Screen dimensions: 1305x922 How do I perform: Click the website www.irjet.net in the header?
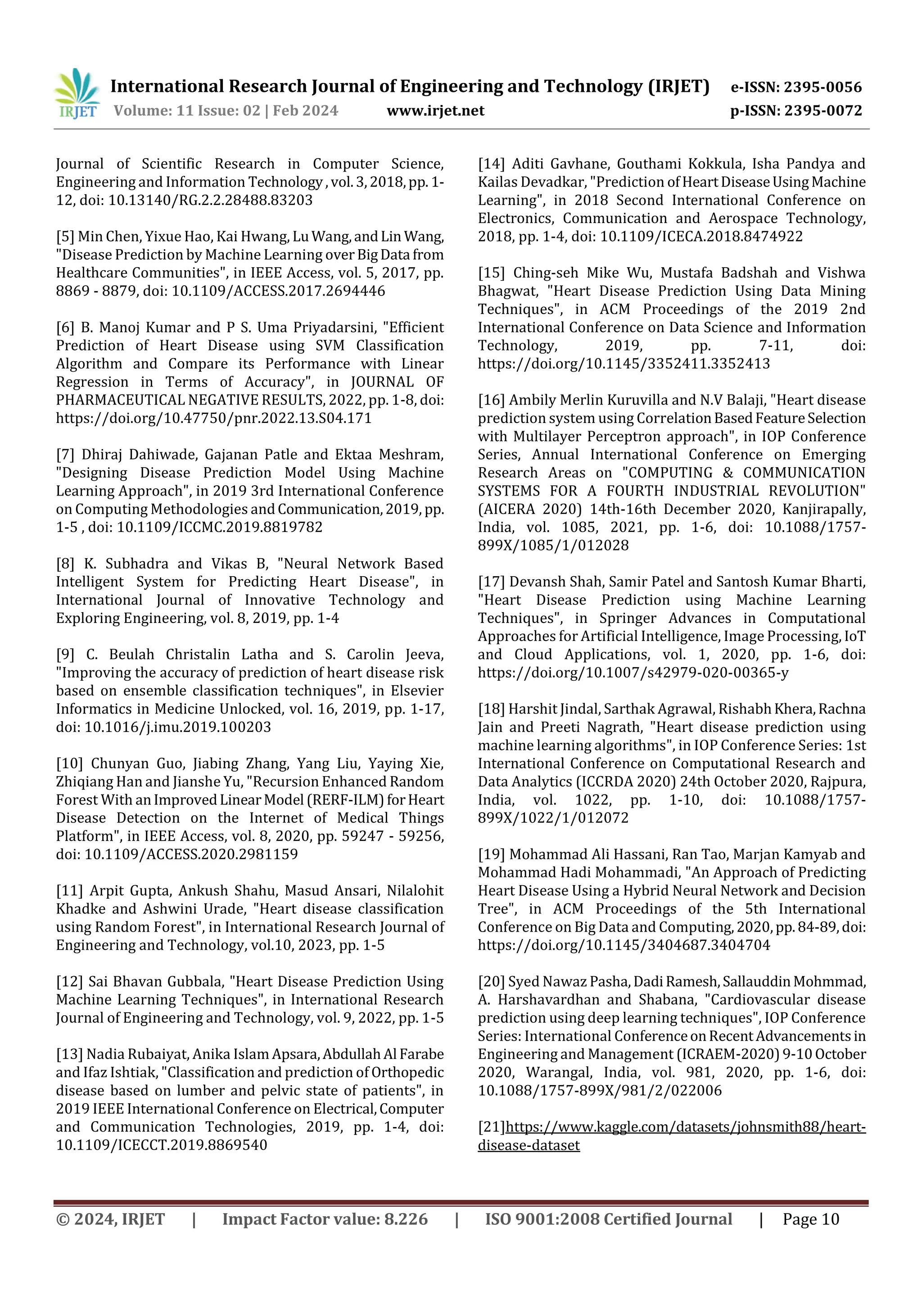click(435, 110)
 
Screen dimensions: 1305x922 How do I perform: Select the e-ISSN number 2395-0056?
click(823, 87)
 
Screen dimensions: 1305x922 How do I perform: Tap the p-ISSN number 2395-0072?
click(823, 110)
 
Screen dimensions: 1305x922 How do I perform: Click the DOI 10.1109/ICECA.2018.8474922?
click(701, 236)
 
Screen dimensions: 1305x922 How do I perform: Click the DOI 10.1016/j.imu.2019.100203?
click(177, 727)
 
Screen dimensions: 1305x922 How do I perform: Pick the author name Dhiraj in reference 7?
click(102, 455)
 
